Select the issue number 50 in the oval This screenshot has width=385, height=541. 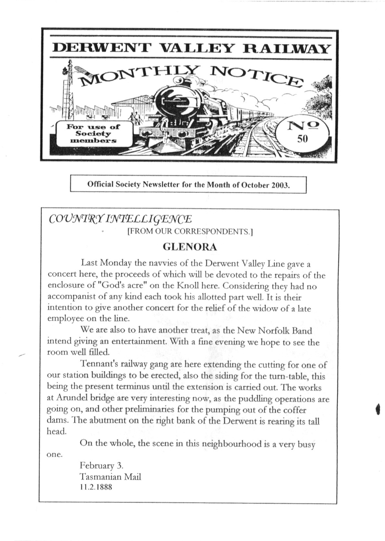[302, 139]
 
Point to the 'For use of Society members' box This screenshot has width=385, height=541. [93, 134]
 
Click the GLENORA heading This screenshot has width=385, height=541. [190, 247]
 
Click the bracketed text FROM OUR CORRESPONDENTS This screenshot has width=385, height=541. [190, 232]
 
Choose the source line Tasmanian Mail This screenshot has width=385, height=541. [111, 477]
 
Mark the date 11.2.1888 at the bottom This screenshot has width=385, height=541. [96, 488]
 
